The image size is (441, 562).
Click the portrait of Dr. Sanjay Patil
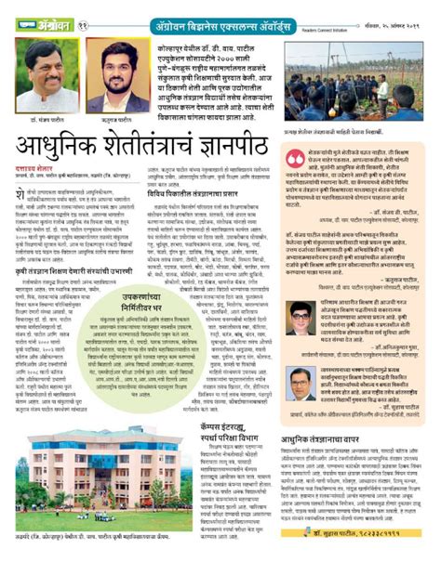pyautogui.click(x=47, y=79)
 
